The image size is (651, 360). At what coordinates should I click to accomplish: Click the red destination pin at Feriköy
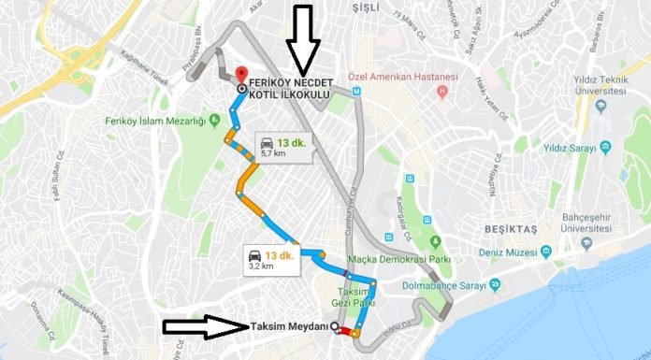point(241,73)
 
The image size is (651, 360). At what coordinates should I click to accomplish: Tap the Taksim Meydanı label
point(290,326)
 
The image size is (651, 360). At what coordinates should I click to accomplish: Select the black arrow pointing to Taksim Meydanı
point(204,326)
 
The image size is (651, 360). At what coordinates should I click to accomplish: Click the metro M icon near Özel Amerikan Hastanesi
point(356,92)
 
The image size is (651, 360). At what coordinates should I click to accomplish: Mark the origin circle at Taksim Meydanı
point(336,327)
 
